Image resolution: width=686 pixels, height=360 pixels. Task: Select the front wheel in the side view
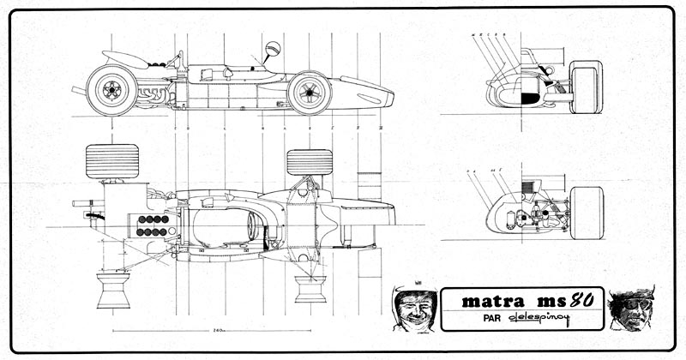click(310, 92)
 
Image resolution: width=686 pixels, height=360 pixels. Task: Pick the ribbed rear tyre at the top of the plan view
click(112, 160)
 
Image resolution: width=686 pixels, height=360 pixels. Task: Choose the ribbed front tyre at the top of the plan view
click(309, 162)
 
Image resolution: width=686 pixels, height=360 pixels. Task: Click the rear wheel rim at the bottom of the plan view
click(113, 290)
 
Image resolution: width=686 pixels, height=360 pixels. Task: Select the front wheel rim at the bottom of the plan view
click(310, 286)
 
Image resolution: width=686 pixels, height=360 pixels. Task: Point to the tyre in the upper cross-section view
click(587, 87)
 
